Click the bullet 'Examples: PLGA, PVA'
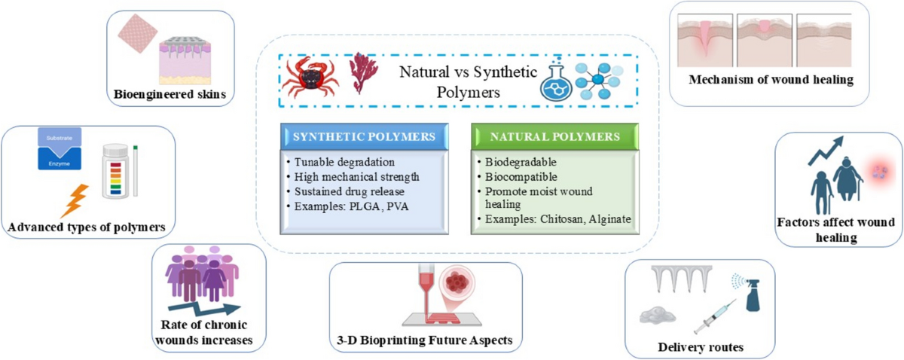tap(338, 205)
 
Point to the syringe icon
tap(712, 316)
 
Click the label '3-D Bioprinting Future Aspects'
tap(426, 341)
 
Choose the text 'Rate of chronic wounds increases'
tap(207, 332)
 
